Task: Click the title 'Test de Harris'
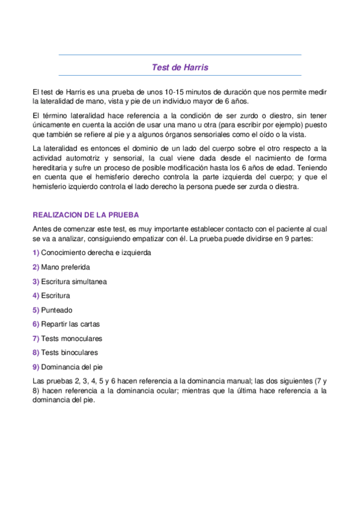[x=180, y=67]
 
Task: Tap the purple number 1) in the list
[x=36, y=253]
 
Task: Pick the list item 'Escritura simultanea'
[x=75, y=281]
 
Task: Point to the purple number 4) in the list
[x=36, y=296]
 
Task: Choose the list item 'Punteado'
[x=56, y=310]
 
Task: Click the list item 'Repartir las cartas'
[x=70, y=324]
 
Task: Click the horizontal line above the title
[x=180, y=55]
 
